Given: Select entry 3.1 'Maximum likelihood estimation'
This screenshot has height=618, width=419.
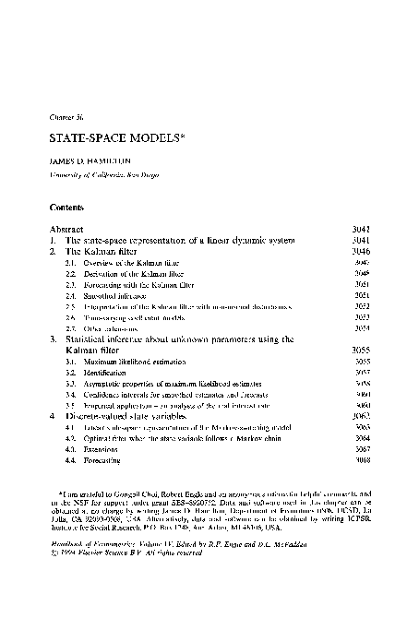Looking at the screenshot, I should click(x=129, y=362).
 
